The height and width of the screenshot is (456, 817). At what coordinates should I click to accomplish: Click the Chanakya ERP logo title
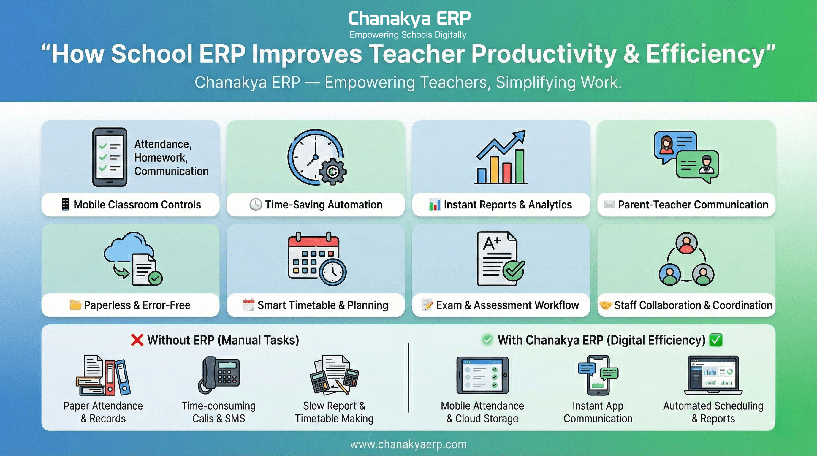click(x=409, y=18)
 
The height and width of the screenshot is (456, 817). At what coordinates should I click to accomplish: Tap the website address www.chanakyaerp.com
click(x=408, y=444)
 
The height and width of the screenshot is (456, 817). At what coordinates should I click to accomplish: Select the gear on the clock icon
click(x=332, y=172)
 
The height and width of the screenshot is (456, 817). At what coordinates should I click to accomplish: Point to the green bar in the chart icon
click(x=519, y=167)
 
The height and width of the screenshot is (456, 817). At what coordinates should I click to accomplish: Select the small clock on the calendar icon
click(x=333, y=272)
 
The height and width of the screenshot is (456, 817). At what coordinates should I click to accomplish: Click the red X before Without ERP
click(x=137, y=340)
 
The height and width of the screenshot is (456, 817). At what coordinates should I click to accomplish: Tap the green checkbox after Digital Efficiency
click(x=716, y=340)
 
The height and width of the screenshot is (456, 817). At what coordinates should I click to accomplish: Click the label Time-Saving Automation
click(x=323, y=205)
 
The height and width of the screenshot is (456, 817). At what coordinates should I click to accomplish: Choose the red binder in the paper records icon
click(x=110, y=377)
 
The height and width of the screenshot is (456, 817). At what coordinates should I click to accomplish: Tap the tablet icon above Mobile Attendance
click(x=482, y=375)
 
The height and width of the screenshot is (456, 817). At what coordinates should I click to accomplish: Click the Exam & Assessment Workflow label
click(x=507, y=305)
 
